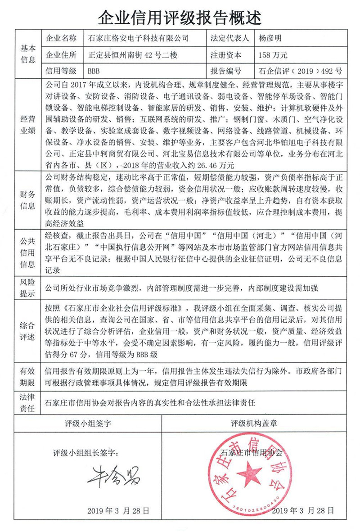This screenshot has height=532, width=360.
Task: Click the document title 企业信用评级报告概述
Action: coord(180,18)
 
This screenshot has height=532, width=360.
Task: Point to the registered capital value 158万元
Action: coord(270,55)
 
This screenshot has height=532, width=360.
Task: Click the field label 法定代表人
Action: coord(229,39)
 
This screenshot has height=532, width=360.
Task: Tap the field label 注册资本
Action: coord(226,55)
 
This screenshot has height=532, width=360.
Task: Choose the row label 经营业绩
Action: coord(28,124)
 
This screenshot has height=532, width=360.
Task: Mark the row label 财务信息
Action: coord(28,200)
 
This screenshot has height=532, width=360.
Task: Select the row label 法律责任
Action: coord(28,402)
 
